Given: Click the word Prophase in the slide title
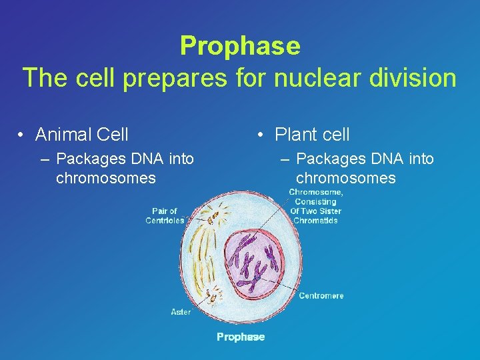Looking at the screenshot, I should [240, 46].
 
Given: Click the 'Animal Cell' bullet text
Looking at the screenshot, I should [81, 135].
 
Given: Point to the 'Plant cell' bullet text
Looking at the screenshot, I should [312, 135].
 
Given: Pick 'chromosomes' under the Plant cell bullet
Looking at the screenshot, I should [345, 178].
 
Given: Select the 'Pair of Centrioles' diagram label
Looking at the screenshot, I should [164, 216].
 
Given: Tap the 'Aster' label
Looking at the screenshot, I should [181, 311].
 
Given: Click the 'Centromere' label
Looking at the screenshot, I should [321, 295].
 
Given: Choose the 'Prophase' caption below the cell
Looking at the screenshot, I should [240, 337].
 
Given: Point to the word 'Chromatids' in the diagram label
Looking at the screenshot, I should [315, 221].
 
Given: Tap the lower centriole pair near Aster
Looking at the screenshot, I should [215, 293].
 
